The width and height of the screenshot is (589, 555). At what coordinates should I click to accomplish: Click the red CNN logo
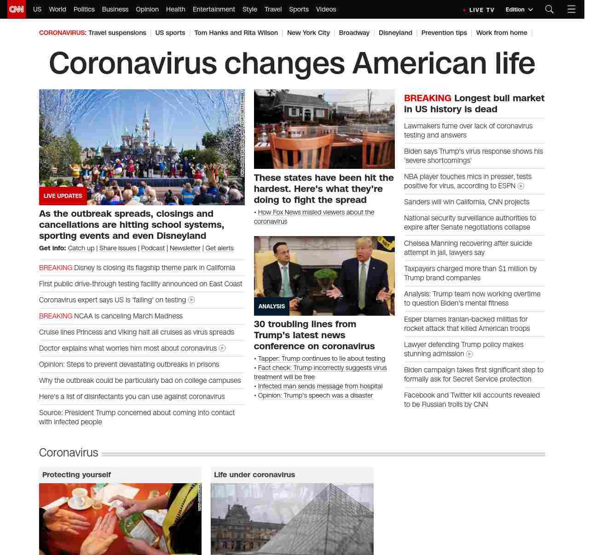(17, 9)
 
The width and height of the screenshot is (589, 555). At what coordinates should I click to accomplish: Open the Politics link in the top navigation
(84, 9)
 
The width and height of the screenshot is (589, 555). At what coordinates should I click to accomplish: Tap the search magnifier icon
(549, 9)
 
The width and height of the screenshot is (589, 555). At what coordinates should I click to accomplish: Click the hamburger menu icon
(571, 9)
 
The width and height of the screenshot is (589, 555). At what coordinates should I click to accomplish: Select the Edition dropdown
(519, 10)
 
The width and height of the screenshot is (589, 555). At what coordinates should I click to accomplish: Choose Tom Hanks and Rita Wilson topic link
(236, 33)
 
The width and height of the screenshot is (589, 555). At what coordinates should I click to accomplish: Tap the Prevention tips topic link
(444, 33)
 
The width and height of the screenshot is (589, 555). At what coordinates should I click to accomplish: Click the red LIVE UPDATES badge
(63, 196)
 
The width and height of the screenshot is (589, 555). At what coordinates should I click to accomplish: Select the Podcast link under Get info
(153, 248)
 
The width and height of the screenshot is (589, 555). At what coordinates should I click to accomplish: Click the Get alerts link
(219, 248)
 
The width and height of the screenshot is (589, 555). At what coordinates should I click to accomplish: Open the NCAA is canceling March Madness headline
(128, 316)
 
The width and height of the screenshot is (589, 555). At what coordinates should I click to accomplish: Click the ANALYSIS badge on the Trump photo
(271, 306)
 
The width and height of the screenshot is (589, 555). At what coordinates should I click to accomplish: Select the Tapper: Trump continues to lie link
(321, 358)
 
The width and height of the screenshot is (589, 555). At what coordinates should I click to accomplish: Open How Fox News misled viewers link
(316, 212)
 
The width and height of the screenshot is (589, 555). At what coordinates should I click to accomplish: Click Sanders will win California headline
(467, 202)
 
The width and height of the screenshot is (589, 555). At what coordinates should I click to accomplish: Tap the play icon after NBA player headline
(521, 186)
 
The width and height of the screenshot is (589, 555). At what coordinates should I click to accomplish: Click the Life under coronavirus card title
(254, 474)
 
